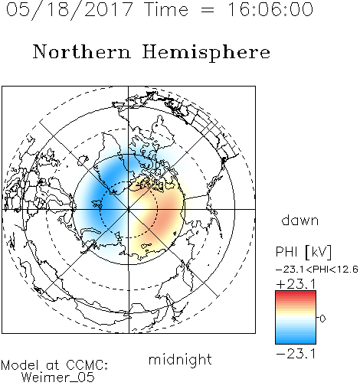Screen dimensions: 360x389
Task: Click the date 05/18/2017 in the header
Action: [70, 9]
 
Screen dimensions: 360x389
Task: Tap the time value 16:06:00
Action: [270, 9]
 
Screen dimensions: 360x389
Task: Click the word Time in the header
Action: [166, 9]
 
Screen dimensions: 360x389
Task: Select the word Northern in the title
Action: [81, 51]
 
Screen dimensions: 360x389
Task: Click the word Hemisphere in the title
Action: [206, 52]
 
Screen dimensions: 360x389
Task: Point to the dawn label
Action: [300, 220]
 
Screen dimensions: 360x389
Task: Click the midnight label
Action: [180, 359]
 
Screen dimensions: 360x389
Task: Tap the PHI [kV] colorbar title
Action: [303, 252]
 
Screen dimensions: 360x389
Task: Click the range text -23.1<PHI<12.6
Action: [317, 270]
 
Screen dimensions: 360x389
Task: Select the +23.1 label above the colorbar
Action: [296, 284]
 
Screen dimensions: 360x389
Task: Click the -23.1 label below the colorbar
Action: [296, 354]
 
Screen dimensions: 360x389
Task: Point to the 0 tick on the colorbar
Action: [322, 319]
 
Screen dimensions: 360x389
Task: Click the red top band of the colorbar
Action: [296, 294]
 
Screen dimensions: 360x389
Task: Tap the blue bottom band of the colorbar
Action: [296, 340]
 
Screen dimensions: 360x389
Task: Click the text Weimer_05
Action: [58, 378]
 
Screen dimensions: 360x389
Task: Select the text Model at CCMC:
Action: [54, 365]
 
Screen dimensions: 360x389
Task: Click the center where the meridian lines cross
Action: [129, 209]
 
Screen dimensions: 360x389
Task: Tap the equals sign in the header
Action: [208, 10]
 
